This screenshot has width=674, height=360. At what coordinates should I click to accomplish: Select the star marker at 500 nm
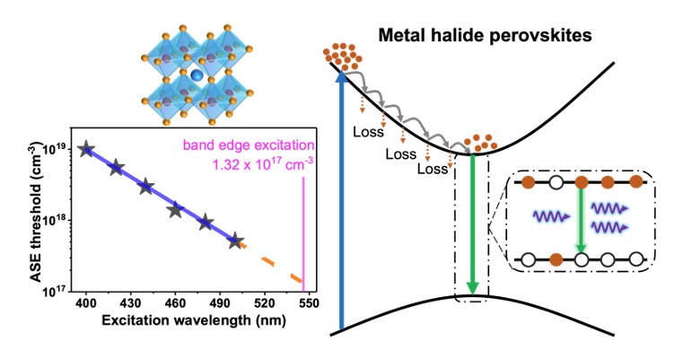235,241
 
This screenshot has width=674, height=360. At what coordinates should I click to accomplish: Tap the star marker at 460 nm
175,210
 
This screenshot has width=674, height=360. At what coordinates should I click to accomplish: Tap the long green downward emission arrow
471,224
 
